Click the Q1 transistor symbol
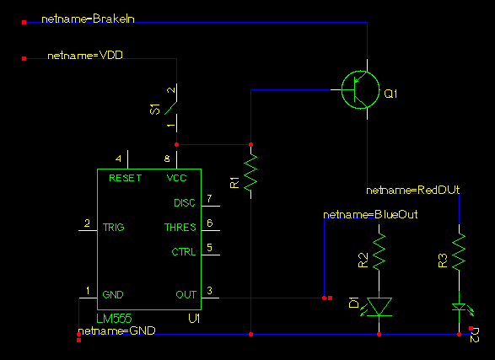click(x=361, y=90)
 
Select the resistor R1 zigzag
click(x=251, y=172)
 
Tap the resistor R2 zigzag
click(x=379, y=251)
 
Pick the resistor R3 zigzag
click(x=459, y=251)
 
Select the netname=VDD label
click(x=85, y=56)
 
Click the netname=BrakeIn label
click(x=88, y=19)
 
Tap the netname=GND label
click(x=116, y=330)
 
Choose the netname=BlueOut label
click(x=370, y=214)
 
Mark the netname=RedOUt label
click(x=412, y=190)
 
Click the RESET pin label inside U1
click(x=126, y=178)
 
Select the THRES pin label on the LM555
click(x=180, y=227)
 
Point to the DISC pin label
click(x=185, y=203)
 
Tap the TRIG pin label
click(x=114, y=227)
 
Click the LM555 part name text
click(x=114, y=319)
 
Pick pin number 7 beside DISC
click(x=209, y=198)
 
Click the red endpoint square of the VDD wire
click(x=24, y=58)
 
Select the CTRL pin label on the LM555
click(x=184, y=252)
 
